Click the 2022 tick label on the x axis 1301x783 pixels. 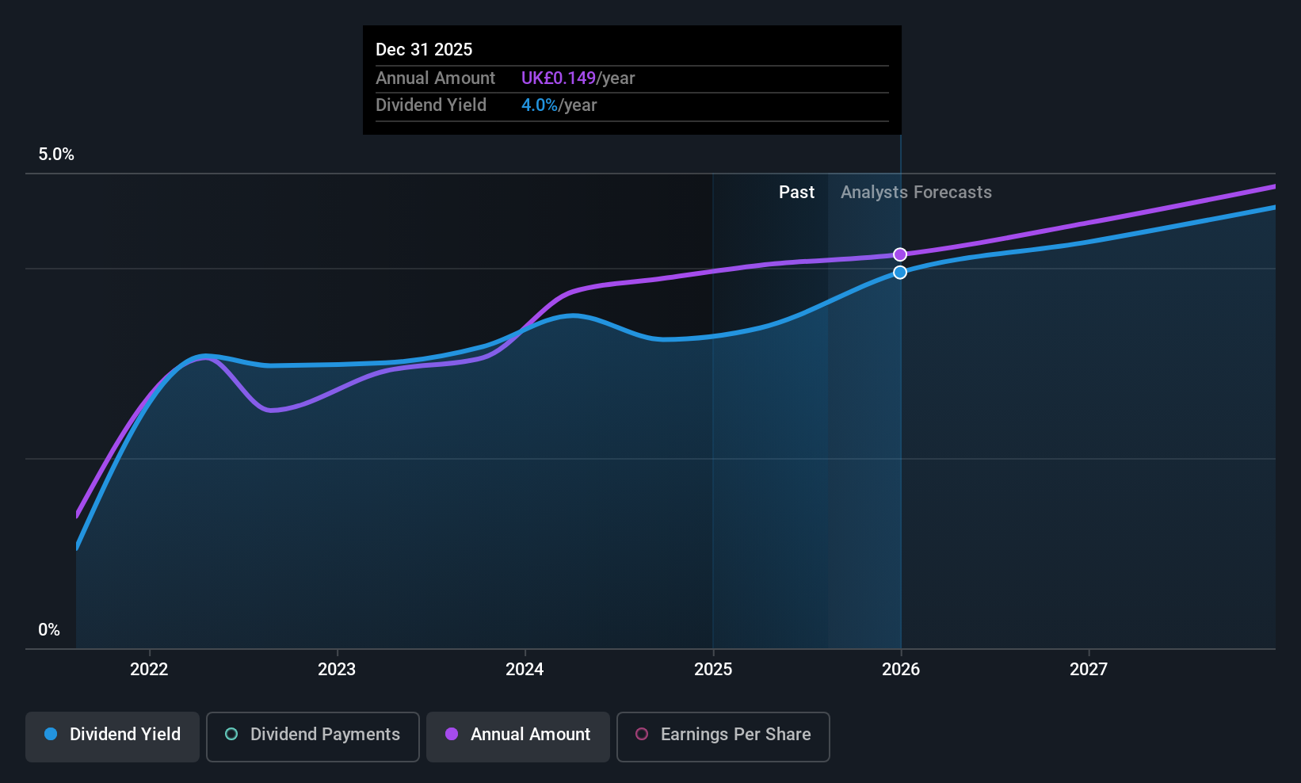(x=149, y=670)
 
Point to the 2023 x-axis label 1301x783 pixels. (x=337, y=670)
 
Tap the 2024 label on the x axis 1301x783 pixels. (x=525, y=670)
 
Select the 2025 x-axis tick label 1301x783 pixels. (x=713, y=670)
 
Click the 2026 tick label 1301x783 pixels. (x=901, y=670)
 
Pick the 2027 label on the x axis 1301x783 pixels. (x=1089, y=670)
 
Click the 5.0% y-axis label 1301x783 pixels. (x=56, y=155)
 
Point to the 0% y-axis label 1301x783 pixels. (x=49, y=630)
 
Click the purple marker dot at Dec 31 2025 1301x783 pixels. (x=900, y=254)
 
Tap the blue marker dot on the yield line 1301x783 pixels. (x=900, y=273)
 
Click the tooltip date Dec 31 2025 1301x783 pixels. (x=424, y=50)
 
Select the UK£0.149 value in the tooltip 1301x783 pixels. (x=558, y=78)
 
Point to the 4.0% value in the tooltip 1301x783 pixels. (x=539, y=105)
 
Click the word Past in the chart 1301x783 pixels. (x=796, y=193)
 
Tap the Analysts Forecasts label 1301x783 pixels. (x=916, y=193)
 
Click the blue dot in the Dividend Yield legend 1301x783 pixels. (x=51, y=734)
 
